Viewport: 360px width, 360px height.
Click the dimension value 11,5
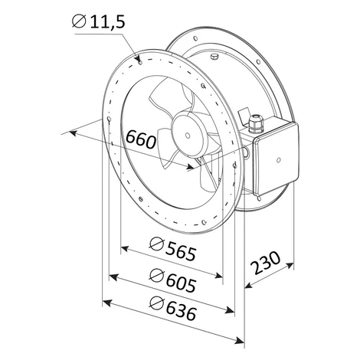click(107, 21)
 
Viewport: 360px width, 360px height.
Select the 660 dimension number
click(141, 139)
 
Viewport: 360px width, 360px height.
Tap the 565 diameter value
click(181, 254)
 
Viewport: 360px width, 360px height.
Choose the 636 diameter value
click(182, 312)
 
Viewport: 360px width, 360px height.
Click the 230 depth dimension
click(265, 263)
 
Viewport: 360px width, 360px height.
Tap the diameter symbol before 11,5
click(79, 21)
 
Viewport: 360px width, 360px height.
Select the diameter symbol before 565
click(156, 244)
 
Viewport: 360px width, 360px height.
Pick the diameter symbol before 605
click(156, 276)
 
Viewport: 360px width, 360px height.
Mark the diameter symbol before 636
click(156, 303)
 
